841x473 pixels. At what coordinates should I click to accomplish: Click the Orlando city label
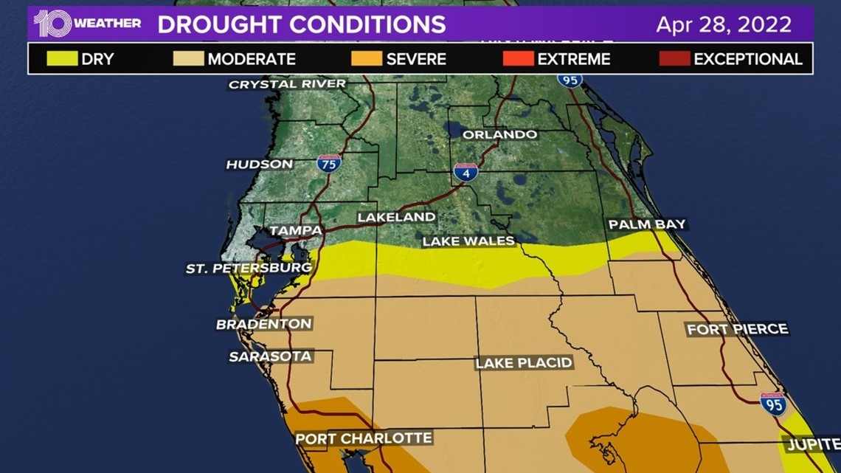499,135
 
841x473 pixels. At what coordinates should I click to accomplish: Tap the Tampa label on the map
295,231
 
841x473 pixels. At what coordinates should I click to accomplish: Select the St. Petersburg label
249,269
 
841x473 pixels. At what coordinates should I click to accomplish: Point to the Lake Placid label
524,363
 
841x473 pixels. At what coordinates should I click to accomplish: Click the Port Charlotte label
364,438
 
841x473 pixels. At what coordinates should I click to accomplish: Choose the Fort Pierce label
737,329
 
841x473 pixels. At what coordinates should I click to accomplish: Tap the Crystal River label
287,84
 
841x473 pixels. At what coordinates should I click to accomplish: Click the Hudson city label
260,165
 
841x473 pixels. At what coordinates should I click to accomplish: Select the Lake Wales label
468,241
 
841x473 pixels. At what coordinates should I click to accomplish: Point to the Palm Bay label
647,224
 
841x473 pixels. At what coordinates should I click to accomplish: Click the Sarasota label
271,357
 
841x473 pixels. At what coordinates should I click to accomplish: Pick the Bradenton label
263,324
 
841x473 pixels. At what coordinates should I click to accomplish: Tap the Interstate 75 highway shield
329,162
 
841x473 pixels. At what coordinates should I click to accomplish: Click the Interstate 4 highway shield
466,172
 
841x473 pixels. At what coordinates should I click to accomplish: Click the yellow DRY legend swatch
62,59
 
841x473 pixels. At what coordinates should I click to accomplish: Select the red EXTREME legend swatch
518,59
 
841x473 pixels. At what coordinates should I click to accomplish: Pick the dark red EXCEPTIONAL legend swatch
674,59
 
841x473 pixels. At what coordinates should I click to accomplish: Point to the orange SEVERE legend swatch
367,59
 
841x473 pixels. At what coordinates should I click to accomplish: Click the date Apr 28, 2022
724,24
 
